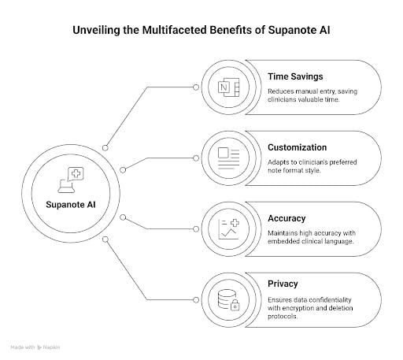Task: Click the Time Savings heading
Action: (x=295, y=76)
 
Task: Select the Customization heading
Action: (x=297, y=147)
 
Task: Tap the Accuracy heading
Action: (x=287, y=218)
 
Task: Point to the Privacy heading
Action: (x=283, y=284)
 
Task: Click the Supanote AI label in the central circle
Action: (x=71, y=205)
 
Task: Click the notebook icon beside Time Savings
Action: (x=228, y=87)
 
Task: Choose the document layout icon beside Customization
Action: (x=228, y=158)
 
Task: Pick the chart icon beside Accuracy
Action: (x=228, y=229)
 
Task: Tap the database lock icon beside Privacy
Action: (x=228, y=300)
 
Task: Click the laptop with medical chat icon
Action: (x=71, y=180)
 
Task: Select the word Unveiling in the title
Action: (x=96, y=30)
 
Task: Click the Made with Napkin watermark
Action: (x=35, y=347)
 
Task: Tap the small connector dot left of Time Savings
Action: (x=196, y=87)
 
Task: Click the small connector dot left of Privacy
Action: (x=196, y=300)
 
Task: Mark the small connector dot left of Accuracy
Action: (x=196, y=229)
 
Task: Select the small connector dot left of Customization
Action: (x=196, y=158)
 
